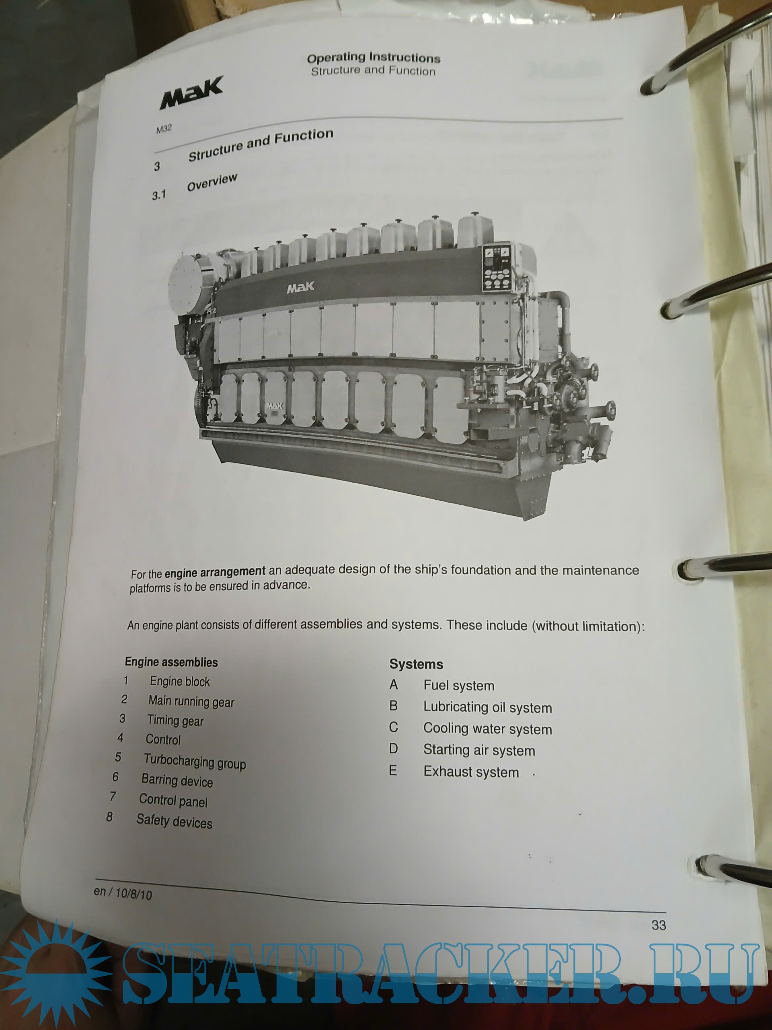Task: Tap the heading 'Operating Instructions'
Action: [374, 58]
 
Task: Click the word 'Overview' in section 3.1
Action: [212, 182]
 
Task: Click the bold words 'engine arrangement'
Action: [215, 572]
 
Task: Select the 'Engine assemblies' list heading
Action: [171, 662]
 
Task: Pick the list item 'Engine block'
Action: [180, 682]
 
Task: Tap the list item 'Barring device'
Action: [177, 781]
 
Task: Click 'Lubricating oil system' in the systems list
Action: [488, 707]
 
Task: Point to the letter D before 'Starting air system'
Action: [393, 749]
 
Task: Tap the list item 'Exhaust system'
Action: [471, 772]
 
